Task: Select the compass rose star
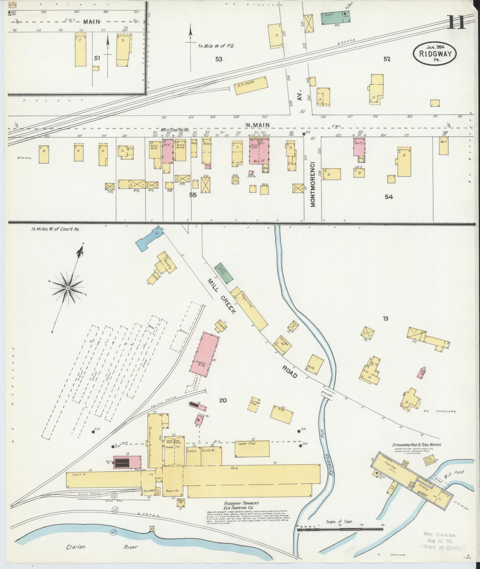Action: (68, 288)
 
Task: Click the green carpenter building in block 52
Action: (335, 18)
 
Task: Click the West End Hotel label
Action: (175, 130)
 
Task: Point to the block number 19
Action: (385, 319)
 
